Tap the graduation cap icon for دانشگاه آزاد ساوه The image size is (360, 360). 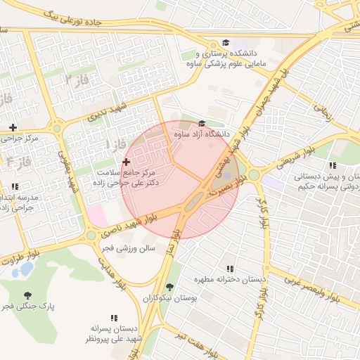pos(202,124)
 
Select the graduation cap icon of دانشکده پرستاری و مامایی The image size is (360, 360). pos(225,43)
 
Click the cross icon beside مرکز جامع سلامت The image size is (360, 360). pos(126,162)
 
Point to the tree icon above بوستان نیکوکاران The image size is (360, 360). pos(169,287)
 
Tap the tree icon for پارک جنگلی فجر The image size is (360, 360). pos(27,295)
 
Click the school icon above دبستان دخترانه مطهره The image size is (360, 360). pos(230,269)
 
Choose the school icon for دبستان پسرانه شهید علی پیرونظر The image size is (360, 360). pos(114,318)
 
